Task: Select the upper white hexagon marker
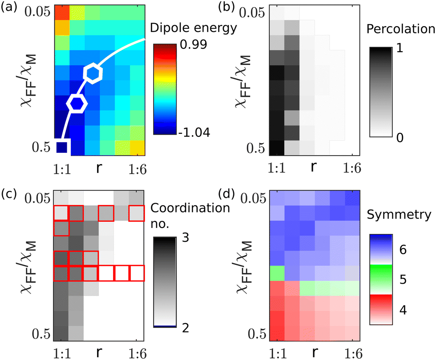click(93, 73)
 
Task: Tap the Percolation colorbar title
click(400, 30)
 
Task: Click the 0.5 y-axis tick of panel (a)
click(41, 148)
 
